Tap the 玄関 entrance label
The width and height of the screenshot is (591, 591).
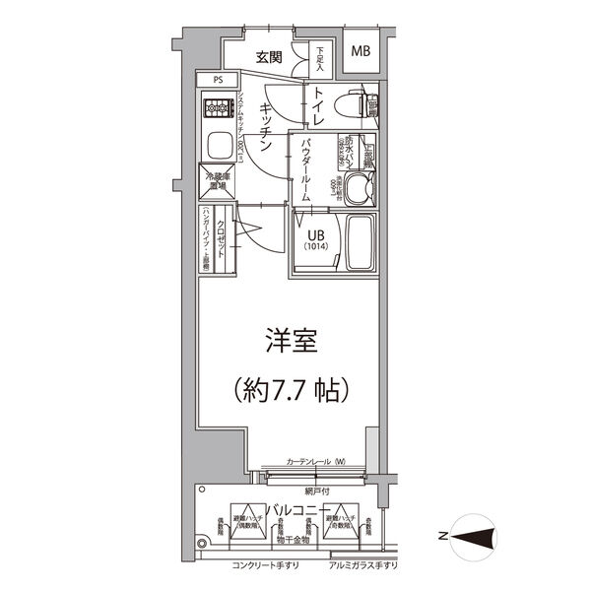click(x=269, y=57)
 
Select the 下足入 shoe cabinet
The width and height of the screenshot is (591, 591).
click(x=320, y=60)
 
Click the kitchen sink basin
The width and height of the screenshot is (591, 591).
click(x=217, y=147)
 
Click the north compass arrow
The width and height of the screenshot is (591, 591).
click(x=469, y=536)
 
